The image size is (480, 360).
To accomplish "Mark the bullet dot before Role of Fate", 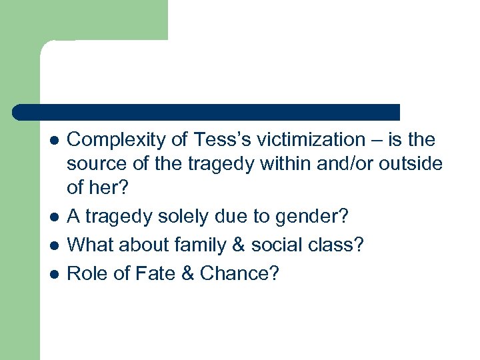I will [x=54, y=274].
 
